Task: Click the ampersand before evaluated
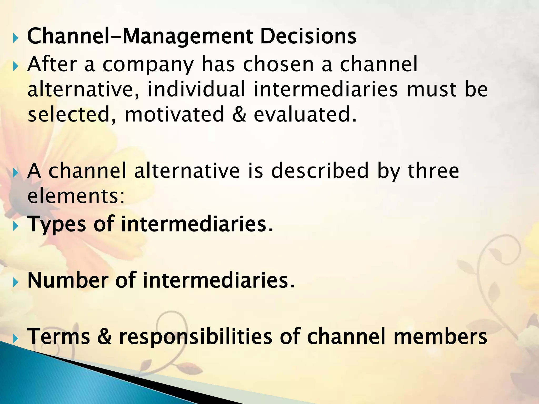[x=239, y=114]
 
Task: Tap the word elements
[x=76, y=196]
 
